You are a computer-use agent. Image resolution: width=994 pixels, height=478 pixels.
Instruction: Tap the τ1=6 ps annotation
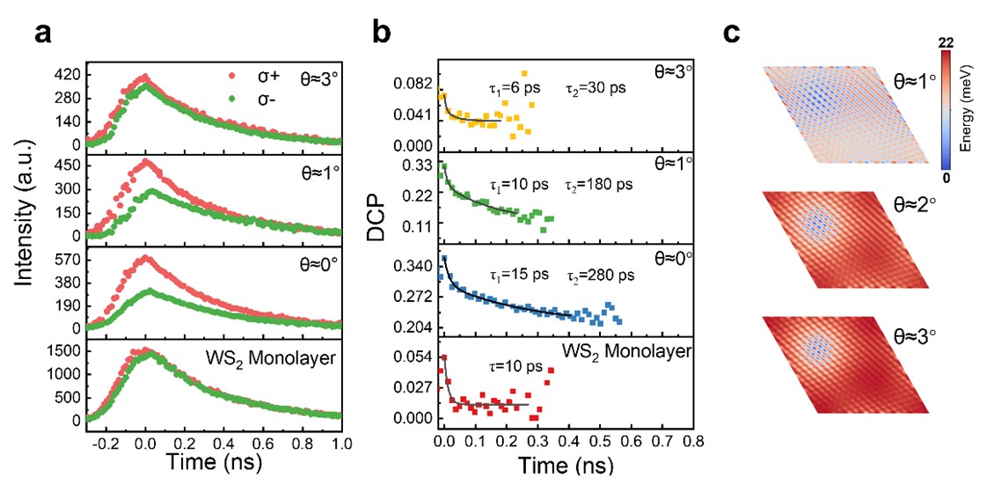tap(515, 88)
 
